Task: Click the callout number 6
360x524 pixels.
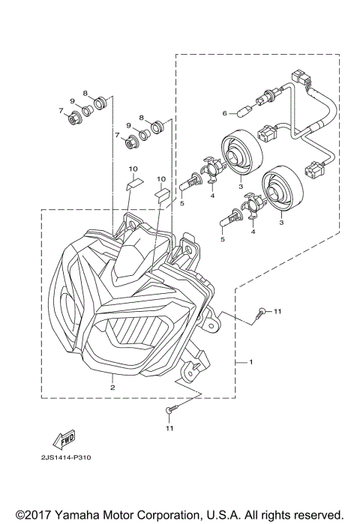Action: (224, 113)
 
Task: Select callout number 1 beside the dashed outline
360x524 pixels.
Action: (250, 362)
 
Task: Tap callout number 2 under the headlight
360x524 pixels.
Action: (112, 388)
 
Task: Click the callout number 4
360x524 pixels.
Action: (213, 196)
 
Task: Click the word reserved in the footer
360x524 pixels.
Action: (316, 515)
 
